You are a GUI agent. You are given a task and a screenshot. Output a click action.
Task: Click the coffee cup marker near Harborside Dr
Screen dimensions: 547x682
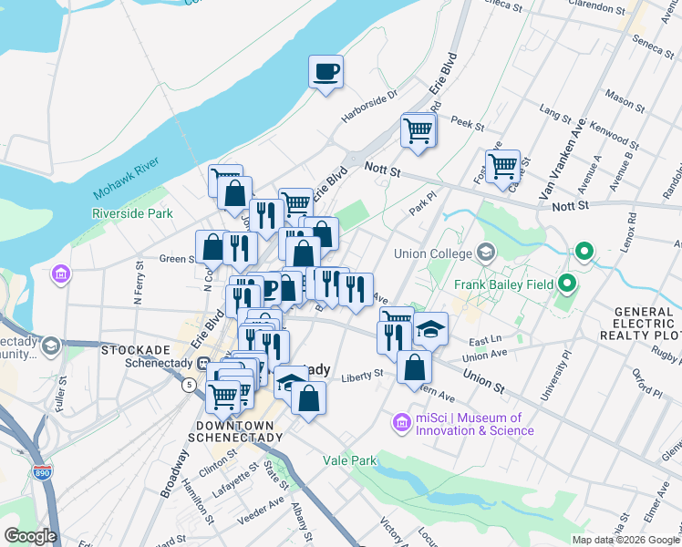tap(325, 71)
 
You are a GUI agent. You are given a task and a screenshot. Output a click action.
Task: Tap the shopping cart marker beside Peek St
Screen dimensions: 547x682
tap(418, 129)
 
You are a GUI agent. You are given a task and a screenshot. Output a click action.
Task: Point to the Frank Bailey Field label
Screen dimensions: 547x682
tap(505, 284)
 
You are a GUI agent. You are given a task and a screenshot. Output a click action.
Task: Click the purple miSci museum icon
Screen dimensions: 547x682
tap(400, 423)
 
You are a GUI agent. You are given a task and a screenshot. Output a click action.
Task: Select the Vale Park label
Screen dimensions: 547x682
tap(349, 460)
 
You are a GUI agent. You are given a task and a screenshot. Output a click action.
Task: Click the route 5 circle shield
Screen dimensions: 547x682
tap(188, 385)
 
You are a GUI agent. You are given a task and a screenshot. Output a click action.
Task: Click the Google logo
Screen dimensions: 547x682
tap(30, 535)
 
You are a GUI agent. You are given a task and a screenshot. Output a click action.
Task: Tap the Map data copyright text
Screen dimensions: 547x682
tap(625, 539)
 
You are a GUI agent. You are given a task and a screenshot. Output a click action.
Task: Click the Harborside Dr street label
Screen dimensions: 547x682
tap(370, 106)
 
